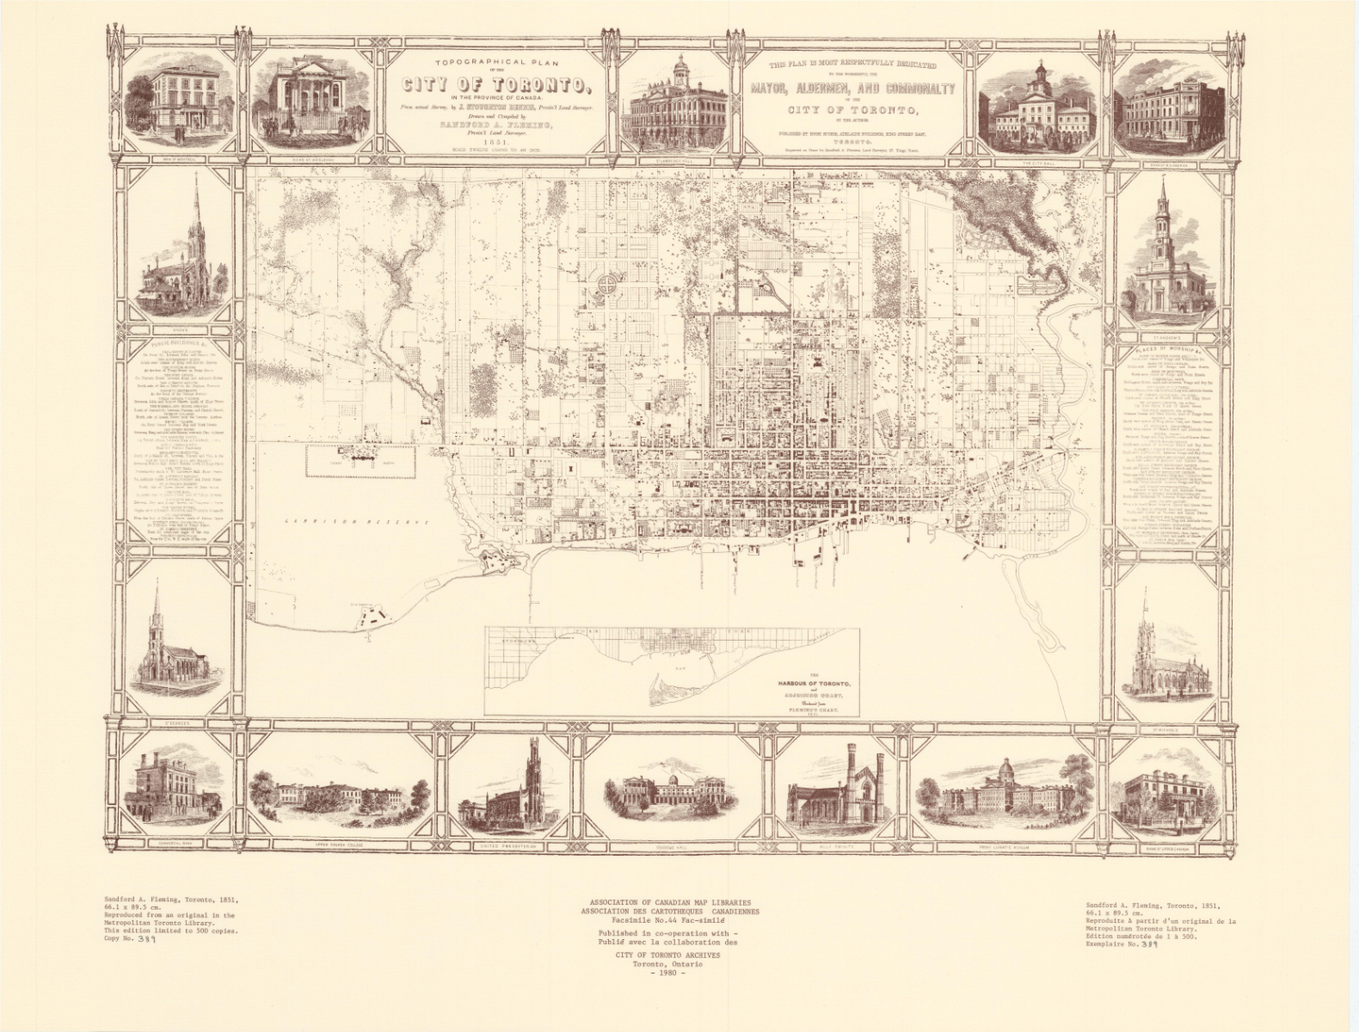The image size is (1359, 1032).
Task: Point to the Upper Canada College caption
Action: [338, 847]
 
